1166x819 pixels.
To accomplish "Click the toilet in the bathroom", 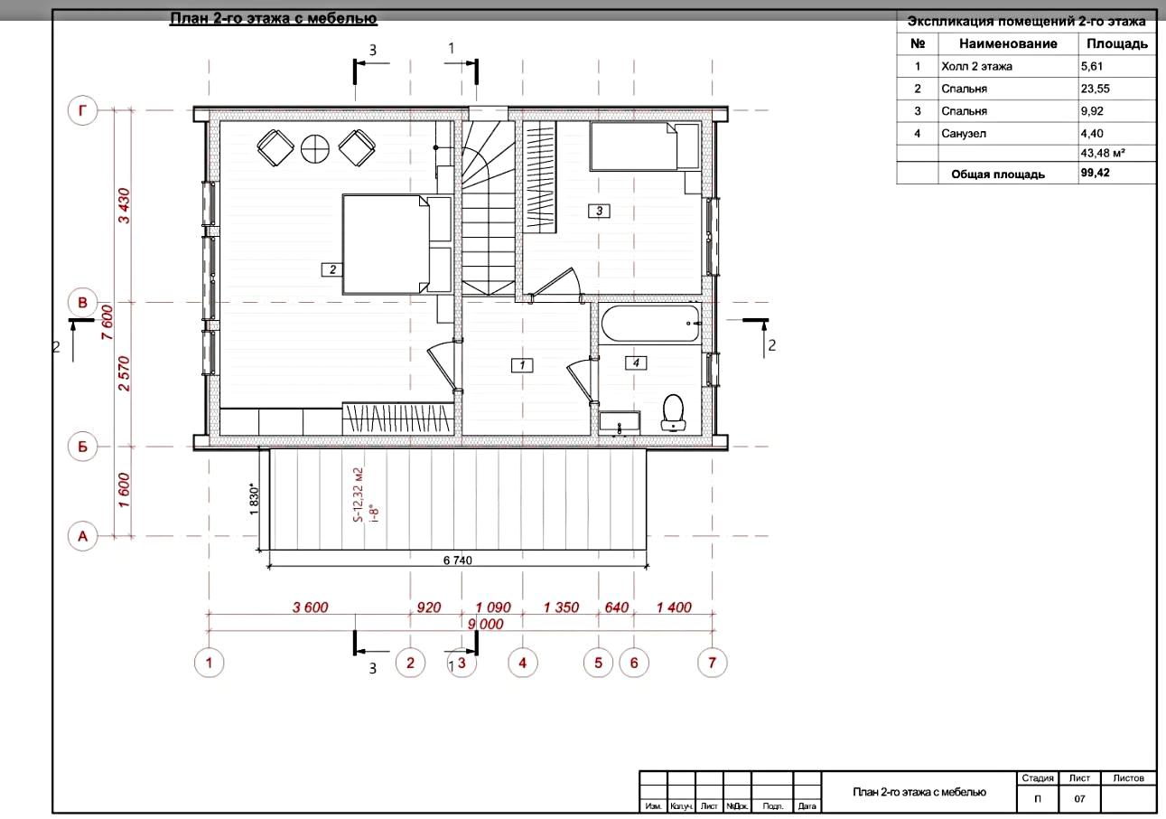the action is (x=673, y=412).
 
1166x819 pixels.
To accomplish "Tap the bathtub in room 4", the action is (x=650, y=324).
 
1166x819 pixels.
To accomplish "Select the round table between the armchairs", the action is (x=315, y=148).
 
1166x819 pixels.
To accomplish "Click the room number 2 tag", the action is (x=332, y=269).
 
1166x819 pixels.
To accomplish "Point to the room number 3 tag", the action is (x=599, y=211).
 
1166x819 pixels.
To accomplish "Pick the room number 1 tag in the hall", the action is (x=522, y=364).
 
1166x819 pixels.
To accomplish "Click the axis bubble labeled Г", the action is (x=82, y=110).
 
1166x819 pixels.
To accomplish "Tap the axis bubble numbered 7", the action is (x=712, y=663).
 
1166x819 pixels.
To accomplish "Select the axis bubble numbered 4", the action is (x=523, y=663).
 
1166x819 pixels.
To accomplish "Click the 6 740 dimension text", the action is (x=458, y=560).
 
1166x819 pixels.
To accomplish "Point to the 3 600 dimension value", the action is (x=310, y=607).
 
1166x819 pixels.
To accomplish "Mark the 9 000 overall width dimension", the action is (x=486, y=624).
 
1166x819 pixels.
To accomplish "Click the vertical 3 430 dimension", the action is (x=124, y=206).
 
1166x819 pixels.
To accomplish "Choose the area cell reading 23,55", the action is (x=1096, y=89).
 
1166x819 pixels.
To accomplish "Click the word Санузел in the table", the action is (x=964, y=134).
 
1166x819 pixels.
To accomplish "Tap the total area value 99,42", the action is (x=1096, y=173).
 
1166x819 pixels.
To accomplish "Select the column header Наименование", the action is (x=1008, y=43).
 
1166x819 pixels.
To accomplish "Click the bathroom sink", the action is (x=620, y=421).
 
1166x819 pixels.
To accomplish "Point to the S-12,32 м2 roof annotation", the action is (x=359, y=495).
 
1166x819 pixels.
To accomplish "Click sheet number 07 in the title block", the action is (x=1079, y=799).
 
